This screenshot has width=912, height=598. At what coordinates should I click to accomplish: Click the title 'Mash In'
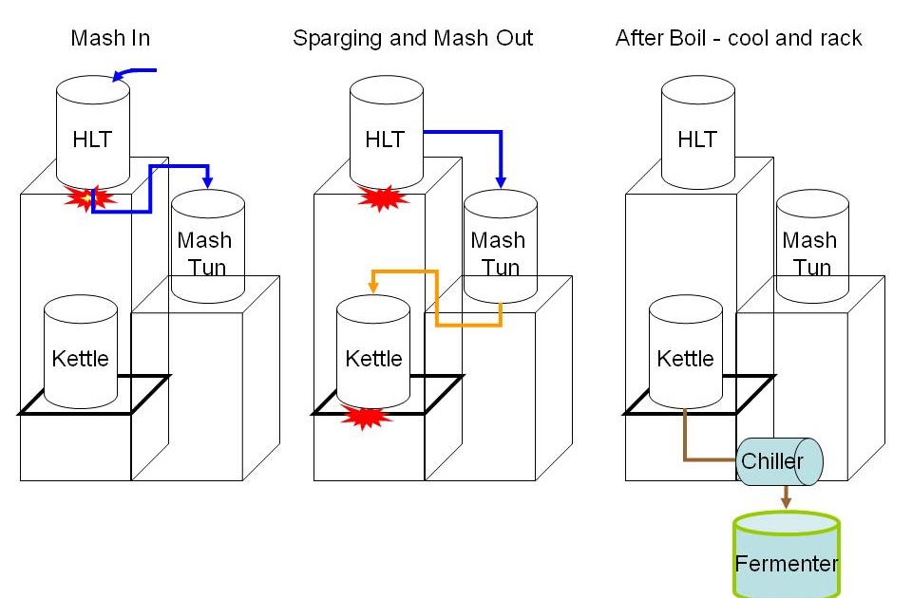pyautogui.click(x=110, y=39)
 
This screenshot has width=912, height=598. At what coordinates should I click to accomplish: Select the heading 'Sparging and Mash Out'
pyautogui.click(x=412, y=39)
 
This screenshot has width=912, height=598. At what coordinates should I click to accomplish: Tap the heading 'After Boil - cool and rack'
pyautogui.click(x=738, y=39)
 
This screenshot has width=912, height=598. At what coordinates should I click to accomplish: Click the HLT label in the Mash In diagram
pyautogui.click(x=92, y=140)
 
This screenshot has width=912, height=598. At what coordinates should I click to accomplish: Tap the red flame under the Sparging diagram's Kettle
pyautogui.click(x=367, y=417)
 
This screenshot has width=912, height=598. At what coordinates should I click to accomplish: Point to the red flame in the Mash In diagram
pyautogui.click(x=88, y=198)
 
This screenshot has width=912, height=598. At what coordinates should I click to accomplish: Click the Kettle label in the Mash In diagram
pyautogui.click(x=81, y=359)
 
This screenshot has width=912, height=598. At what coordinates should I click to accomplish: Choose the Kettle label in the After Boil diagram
pyautogui.click(x=685, y=359)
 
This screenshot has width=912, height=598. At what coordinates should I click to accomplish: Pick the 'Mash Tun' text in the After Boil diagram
pyautogui.click(x=810, y=253)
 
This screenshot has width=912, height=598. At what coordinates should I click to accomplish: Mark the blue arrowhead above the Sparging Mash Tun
pyautogui.click(x=501, y=179)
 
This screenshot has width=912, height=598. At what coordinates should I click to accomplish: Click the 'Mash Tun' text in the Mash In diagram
pyautogui.click(x=206, y=253)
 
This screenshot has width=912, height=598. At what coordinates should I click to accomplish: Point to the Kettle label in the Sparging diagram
pyautogui.click(x=373, y=359)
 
